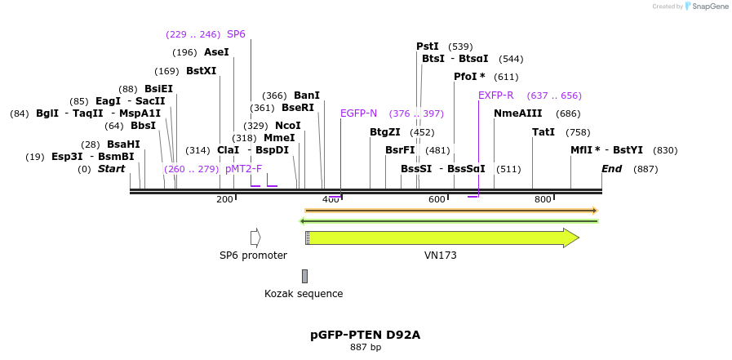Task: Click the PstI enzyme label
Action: click(x=428, y=47)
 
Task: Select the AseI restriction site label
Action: click(x=216, y=52)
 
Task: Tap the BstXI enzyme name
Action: click(x=201, y=71)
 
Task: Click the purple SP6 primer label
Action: click(x=236, y=34)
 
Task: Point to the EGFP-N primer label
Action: click(x=358, y=113)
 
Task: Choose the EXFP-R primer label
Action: click(x=495, y=96)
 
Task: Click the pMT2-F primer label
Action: click(x=243, y=169)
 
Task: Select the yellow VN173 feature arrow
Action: click(x=441, y=238)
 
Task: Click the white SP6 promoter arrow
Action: click(x=255, y=238)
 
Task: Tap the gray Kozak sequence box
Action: click(x=304, y=276)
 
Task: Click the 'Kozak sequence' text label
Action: click(x=304, y=294)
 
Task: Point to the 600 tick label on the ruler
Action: click(x=437, y=200)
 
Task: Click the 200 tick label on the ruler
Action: click(x=224, y=200)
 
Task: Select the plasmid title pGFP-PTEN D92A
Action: click(x=365, y=335)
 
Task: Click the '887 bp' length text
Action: click(x=365, y=348)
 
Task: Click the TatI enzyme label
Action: click(x=543, y=132)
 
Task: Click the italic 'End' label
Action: click(x=611, y=169)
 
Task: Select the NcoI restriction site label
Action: click(x=288, y=126)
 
